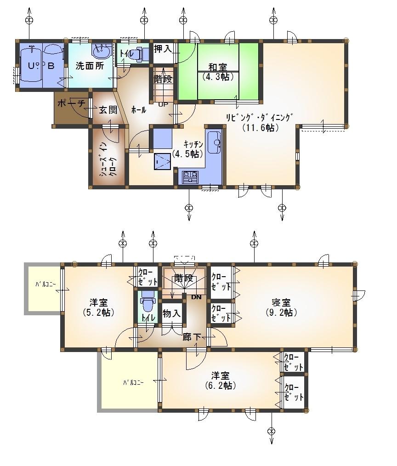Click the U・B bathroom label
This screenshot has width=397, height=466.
tap(40, 66)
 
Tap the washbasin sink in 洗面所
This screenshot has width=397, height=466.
tap(100, 52)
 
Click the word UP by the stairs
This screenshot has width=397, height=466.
tap(163, 104)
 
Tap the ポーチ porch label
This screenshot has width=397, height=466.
tap(71, 104)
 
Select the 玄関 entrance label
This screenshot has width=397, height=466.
tap(108, 110)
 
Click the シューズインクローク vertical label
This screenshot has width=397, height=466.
tap(107, 159)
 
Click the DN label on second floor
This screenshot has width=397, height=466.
tap(196, 297)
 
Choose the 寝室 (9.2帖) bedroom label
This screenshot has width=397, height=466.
tap(281, 308)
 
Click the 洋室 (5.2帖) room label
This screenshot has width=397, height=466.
tap(99, 307)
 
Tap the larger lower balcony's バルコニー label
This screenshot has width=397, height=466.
tap(133, 382)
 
